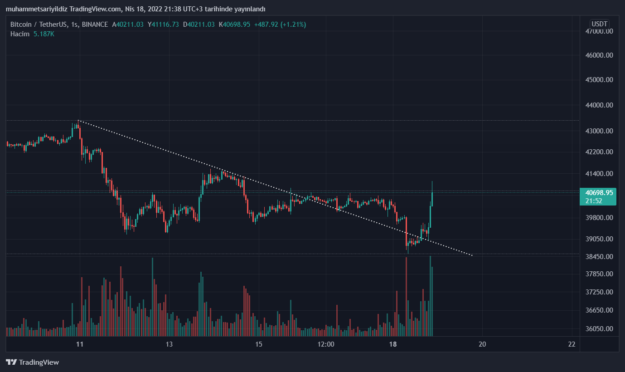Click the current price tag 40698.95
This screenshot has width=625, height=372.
[597, 192]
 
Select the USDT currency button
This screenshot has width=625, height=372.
[600, 24]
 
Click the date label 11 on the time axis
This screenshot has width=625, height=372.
[80, 344]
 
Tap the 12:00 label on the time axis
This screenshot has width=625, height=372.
[326, 344]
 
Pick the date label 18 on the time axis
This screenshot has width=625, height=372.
[393, 344]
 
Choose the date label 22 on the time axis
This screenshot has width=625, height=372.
[572, 344]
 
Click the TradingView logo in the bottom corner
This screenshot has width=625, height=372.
[33, 362]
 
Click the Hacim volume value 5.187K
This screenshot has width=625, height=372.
[44, 34]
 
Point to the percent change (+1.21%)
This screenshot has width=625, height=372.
[293, 24]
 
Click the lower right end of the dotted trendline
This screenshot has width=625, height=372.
[472, 255]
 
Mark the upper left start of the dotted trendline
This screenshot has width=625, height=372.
[79, 121]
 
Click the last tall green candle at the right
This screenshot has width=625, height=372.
[432, 200]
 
